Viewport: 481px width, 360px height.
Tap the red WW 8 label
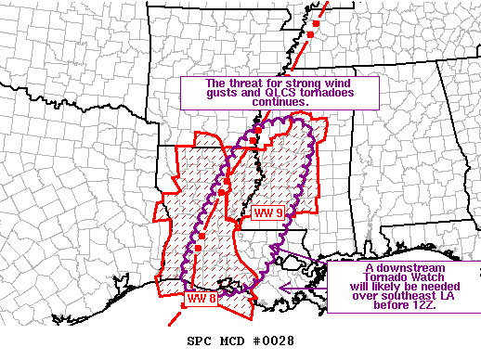pos(201,299)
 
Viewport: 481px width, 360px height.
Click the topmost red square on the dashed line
pos(317,21)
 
